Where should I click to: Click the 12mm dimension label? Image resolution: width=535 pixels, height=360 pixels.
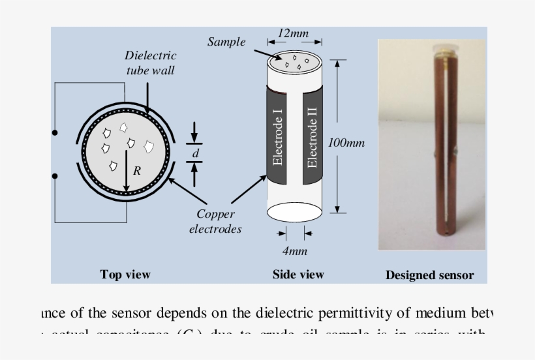pyautogui.click(x=293, y=33)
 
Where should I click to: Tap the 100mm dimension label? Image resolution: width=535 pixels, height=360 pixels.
pyautogui.click(x=346, y=143)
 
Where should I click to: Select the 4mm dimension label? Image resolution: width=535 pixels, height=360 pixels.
pyautogui.click(x=294, y=251)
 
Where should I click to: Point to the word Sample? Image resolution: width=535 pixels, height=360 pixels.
pyautogui.click(x=226, y=42)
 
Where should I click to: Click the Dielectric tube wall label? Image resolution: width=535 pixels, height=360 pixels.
pyautogui.click(x=150, y=63)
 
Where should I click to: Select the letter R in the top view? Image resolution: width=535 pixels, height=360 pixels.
pyautogui.click(x=136, y=172)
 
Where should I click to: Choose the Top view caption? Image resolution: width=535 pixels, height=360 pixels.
pyautogui.click(x=125, y=275)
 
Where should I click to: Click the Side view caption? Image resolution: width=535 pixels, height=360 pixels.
pyautogui.click(x=298, y=275)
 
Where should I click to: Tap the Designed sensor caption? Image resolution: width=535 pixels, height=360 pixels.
pyautogui.click(x=429, y=275)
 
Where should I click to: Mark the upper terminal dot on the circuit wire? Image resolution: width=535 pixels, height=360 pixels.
pyautogui.click(x=55, y=133)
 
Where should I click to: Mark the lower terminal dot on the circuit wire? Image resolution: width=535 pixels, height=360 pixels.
pyautogui.click(x=55, y=176)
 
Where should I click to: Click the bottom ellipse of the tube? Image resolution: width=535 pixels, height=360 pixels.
pyautogui.click(x=294, y=213)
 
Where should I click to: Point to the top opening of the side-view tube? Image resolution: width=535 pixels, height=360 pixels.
pyautogui.click(x=293, y=61)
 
